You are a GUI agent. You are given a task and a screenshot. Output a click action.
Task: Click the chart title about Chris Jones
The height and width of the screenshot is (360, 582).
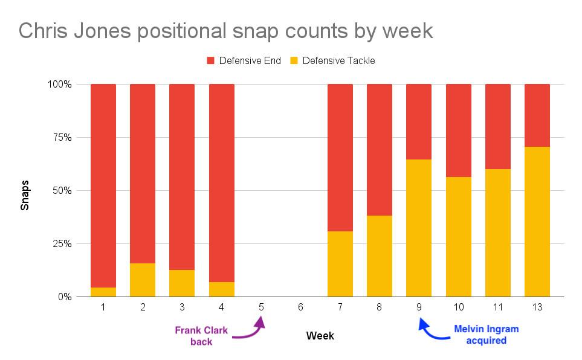(x=225, y=31)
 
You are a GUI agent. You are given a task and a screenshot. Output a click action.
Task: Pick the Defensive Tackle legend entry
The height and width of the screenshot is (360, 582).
(x=333, y=60)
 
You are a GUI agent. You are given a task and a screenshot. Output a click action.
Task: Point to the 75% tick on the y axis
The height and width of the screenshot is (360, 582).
(x=60, y=137)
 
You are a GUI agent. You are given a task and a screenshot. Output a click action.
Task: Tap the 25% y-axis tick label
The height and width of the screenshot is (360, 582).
(x=60, y=244)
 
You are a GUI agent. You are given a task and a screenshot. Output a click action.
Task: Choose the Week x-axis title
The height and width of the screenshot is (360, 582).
(x=320, y=335)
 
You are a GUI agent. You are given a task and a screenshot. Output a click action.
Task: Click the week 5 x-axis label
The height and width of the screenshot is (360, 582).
(x=261, y=307)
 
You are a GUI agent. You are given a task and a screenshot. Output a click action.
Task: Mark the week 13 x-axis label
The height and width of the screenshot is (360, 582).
(x=537, y=307)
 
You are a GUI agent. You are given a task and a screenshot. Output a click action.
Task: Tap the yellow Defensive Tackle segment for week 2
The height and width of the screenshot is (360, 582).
(x=143, y=280)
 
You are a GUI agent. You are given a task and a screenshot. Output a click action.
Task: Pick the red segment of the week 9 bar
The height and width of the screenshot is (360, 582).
(x=419, y=121)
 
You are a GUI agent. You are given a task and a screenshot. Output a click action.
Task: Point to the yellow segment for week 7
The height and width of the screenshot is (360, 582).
(x=340, y=264)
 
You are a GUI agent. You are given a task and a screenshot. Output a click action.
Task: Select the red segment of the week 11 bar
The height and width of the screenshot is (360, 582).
(x=497, y=126)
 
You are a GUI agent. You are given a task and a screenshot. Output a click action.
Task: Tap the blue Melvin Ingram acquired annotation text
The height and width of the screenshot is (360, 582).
(x=487, y=335)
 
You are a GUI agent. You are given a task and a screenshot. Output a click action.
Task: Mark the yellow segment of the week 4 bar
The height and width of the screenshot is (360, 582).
(x=222, y=289)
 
